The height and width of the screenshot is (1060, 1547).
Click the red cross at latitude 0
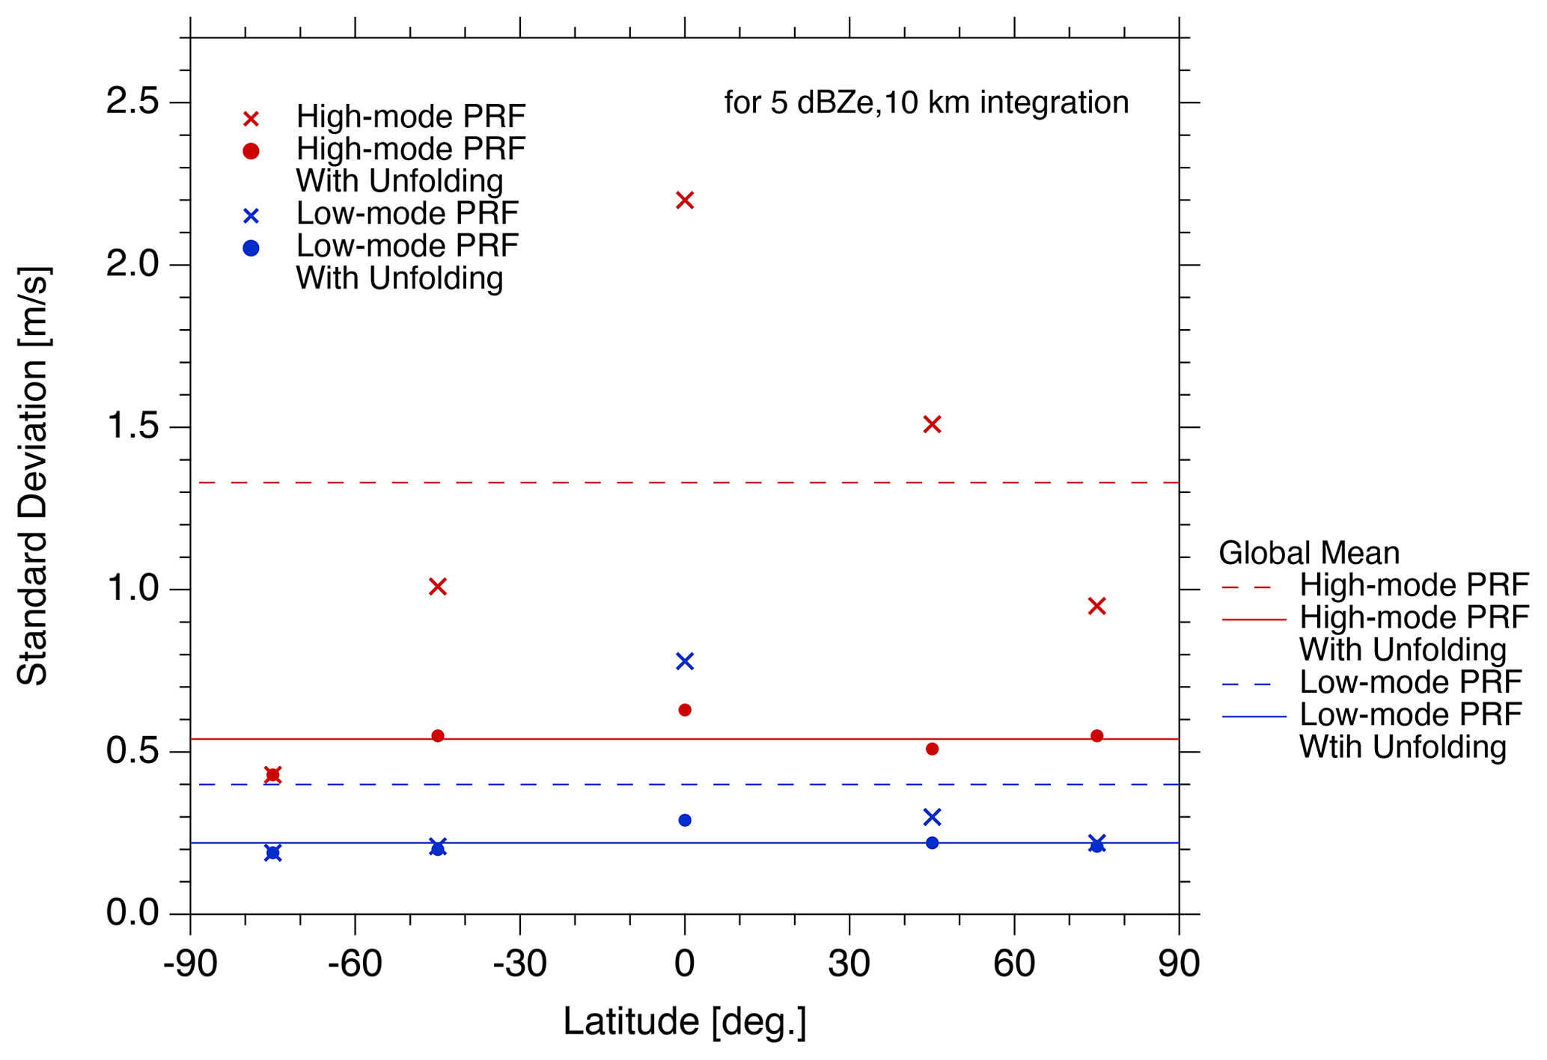[x=685, y=200]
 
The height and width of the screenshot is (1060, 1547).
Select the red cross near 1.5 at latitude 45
[x=932, y=425]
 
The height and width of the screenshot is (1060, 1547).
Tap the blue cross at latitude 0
[x=685, y=661]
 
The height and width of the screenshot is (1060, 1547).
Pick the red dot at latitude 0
[x=685, y=710]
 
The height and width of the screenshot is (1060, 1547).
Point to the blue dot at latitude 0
[x=685, y=821]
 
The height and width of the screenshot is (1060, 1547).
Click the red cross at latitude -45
[x=438, y=587]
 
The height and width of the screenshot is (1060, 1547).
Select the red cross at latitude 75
[x=1097, y=607]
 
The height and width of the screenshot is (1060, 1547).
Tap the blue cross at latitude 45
[x=932, y=817]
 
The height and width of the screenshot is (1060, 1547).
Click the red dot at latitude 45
[x=932, y=749]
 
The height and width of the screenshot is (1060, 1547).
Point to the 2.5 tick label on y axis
[x=133, y=102]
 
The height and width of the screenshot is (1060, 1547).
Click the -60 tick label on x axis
[x=355, y=965]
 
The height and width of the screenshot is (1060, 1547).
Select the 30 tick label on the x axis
[x=849, y=965]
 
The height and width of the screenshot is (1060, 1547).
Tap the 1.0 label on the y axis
[x=133, y=589]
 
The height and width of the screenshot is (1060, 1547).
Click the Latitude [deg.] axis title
[x=685, y=1023]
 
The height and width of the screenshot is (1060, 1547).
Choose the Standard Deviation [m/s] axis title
[x=33, y=476]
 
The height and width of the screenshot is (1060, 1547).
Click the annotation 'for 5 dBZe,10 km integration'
[x=927, y=102]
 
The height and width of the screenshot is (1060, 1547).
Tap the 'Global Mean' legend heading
[x=1309, y=554]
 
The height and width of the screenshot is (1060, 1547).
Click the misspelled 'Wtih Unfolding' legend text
[x=1403, y=747]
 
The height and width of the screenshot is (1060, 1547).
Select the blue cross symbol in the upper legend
[x=251, y=216]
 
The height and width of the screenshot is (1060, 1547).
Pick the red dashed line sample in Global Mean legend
[x=1247, y=587]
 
